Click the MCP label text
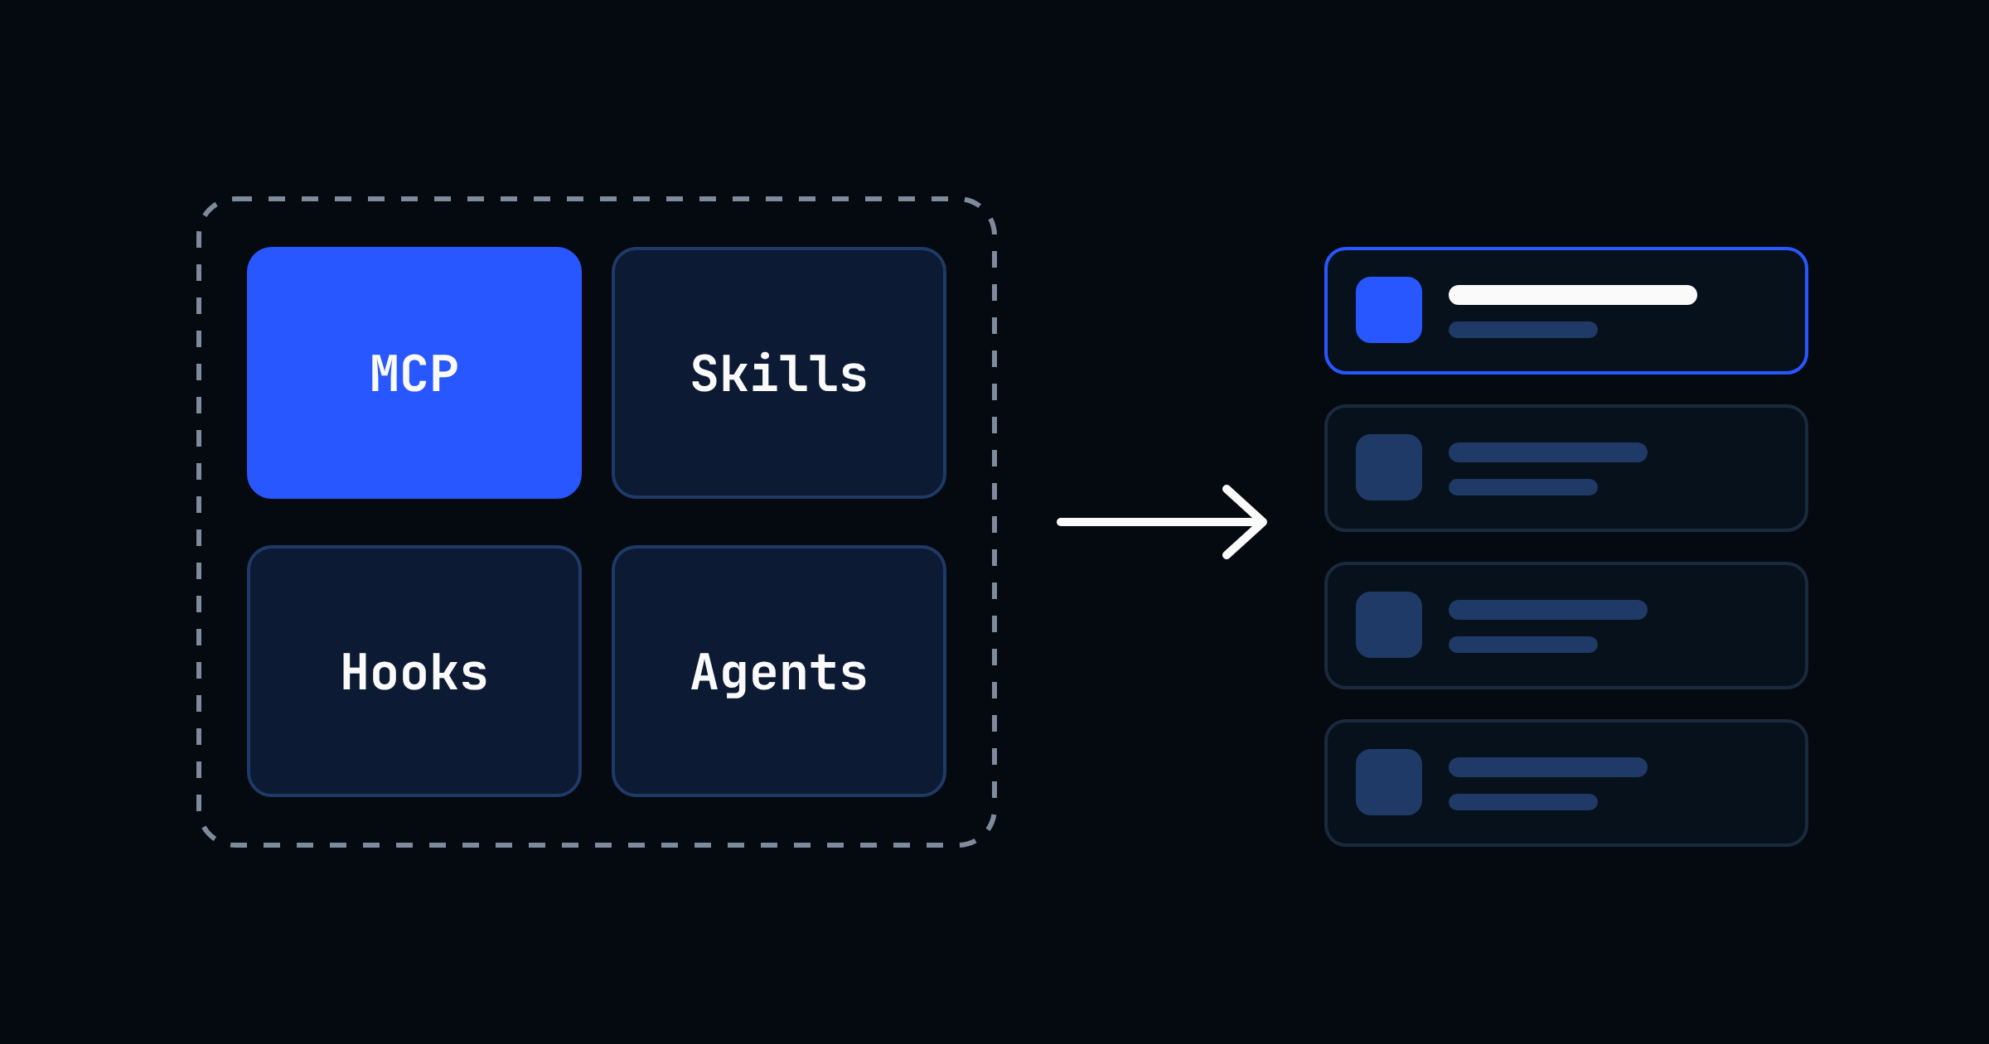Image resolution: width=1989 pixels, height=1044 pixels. click(414, 374)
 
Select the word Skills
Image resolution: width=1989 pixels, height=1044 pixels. click(779, 373)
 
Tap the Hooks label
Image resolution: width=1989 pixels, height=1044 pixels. click(414, 671)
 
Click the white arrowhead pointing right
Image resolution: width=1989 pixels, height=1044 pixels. click(1246, 522)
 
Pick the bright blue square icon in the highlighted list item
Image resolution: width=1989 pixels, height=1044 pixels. click(1389, 310)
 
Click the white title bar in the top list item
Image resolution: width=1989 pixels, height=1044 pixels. click(1573, 295)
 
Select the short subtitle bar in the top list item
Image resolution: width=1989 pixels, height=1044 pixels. click(1523, 330)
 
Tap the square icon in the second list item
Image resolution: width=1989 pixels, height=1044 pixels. click(1389, 467)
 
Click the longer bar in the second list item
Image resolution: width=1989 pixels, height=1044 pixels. click(1548, 452)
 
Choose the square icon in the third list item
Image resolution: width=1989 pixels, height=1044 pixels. click(1389, 625)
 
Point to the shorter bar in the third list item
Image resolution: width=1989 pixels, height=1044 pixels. click(1523, 645)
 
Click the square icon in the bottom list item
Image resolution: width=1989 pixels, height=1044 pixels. click(1389, 782)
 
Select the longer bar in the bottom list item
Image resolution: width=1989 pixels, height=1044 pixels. click(1548, 767)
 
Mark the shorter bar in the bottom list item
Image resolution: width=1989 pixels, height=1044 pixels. click(1523, 802)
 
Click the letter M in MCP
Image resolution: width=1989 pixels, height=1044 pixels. click(385, 374)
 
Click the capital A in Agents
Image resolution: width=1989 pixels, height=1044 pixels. click(705, 671)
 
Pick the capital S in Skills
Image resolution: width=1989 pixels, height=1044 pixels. click(705, 374)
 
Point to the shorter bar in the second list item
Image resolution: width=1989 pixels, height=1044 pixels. click(1523, 487)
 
